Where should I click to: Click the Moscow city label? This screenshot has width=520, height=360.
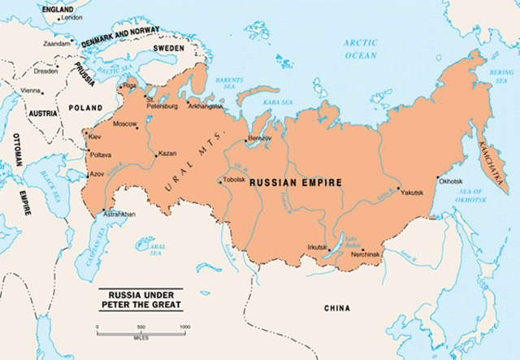tap(125, 124)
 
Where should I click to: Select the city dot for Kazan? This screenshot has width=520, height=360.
tap(155, 154)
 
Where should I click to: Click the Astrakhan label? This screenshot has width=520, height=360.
tap(119, 214)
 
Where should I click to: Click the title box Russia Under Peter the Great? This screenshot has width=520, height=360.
tap(139, 300)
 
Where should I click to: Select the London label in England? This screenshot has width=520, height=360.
tap(72, 16)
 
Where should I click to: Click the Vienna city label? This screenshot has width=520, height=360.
tap(30, 90)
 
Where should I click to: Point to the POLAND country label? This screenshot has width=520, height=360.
tap(86, 107)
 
